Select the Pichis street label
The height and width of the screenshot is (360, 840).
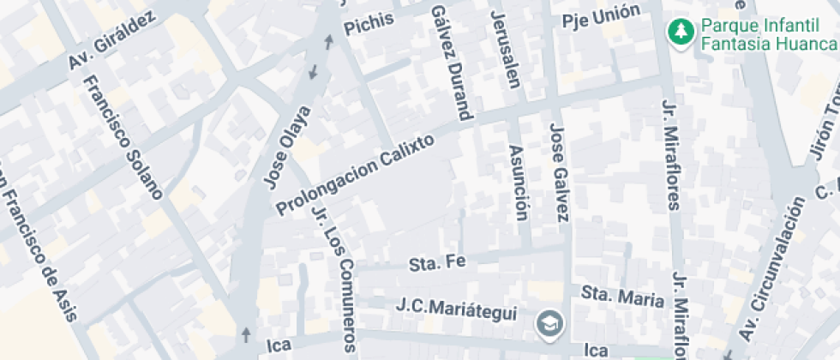tap(368, 25)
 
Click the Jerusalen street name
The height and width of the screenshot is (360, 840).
tap(505, 50)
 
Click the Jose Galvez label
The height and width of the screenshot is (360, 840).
tap(561, 171)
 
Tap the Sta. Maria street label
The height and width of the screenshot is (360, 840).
tap(623, 297)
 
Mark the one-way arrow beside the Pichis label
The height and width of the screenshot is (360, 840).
tap(329, 39)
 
